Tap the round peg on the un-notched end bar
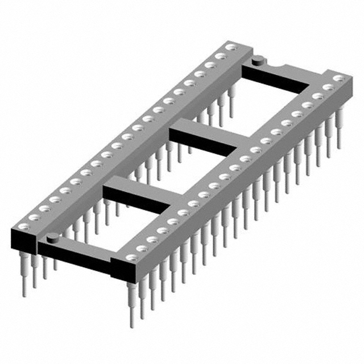click(x=52, y=237)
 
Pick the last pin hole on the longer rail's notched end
click(x=230, y=48)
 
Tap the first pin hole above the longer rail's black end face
click(x=22, y=226)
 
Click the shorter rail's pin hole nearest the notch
click(x=339, y=78)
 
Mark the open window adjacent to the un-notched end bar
click(x=102, y=227)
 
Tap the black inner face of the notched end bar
click(x=276, y=80)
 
